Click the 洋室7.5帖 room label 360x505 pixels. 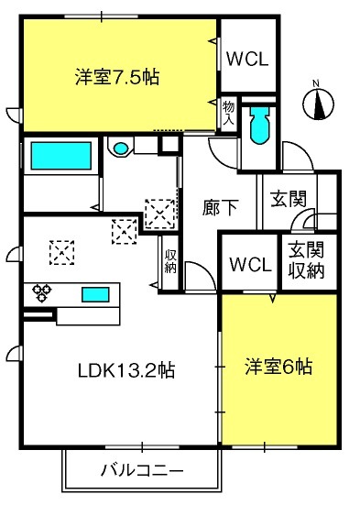coord(117,77)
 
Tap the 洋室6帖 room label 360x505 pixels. coord(278,367)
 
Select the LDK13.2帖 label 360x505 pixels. coord(126,370)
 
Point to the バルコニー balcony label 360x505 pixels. coord(142,471)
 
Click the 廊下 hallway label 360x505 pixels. coord(220,207)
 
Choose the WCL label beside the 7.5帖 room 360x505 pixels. coord(247,60)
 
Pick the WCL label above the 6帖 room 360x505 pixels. coord(250,265)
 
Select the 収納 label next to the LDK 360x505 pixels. coord(170,261)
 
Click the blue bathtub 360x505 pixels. coord(60,156)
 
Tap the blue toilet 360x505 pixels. coord(259,126)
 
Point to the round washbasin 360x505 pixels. coord(121,148)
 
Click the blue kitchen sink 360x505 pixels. coord(95,295)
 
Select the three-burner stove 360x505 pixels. coord(42,292)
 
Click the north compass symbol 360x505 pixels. coord(319,104)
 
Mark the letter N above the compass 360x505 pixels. coord(316,83)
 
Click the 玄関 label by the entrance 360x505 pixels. coord(289,199)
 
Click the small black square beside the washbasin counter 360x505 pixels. coord(170,144)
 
